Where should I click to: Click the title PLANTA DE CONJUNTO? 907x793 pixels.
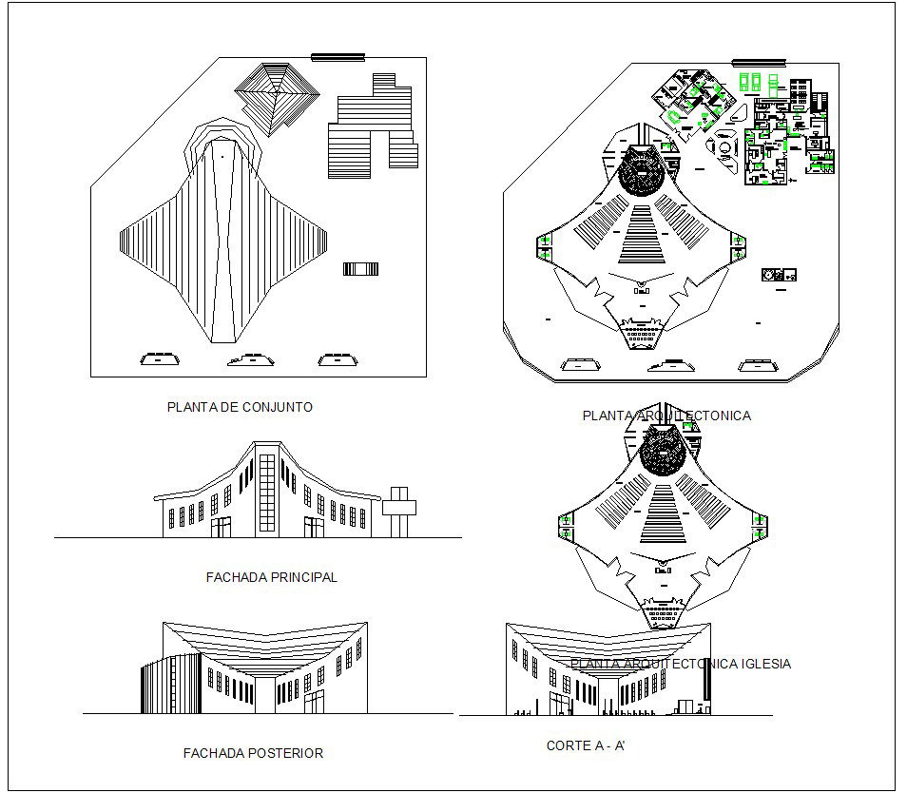pyautogui.click(x=240, y=407)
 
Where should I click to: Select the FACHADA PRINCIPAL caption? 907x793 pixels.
pyautogui.click(x=271, y=577)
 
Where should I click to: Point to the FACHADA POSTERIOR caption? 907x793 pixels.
pyautogui.click(x=253, y=753)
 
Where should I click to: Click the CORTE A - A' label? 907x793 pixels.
pyautogui.click(x=585, y=746)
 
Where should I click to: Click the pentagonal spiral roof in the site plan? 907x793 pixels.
pyautogui.click(x=277, y=96)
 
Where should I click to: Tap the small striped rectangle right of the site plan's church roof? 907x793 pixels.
pyautogui.click(x=360, y=269)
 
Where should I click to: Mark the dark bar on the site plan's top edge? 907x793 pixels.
pyautogui.click(x=338, y=57)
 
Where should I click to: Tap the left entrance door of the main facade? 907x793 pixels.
pyautogui.click(x=221, y=527)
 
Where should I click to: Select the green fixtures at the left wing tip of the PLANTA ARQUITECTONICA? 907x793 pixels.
pyautogui.click(x=545, y=246)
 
